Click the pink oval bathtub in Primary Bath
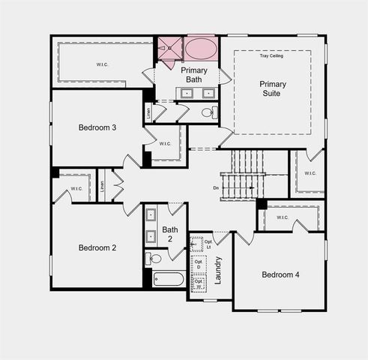[199, 49]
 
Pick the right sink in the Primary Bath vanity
[208, 94]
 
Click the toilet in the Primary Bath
[208, 113]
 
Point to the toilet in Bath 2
[154, 259]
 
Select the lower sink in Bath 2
[150, 236]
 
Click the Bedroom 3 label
[97, 127]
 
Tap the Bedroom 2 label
[97, 247]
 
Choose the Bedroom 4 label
[280, 275]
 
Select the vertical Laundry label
[218, 269]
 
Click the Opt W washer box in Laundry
[199, 284]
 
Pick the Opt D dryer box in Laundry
[199, 264]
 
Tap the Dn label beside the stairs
[216, 187]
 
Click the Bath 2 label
[170, 234]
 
